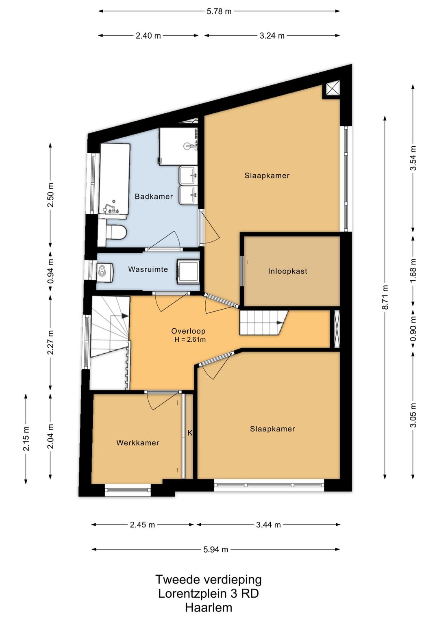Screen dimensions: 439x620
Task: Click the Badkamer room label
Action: point(154,197)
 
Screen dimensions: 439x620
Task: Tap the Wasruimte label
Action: point(148,269)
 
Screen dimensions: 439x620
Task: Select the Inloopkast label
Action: point(287,271)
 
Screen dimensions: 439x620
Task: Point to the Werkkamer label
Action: point(138,443)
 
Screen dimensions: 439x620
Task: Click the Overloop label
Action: point(188,331)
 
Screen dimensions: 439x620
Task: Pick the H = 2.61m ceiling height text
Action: point(190,340)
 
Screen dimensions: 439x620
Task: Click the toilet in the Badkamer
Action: point(113,232)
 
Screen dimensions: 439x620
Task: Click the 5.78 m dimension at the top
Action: point(219,11)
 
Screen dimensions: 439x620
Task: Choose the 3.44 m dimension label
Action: point(268,525)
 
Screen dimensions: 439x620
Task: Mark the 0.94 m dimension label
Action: point(50,271)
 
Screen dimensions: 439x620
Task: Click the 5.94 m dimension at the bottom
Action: point(216,549)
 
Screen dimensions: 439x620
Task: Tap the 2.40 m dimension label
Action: point(148,36)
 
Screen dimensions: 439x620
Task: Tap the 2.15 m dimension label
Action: point(26,439)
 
